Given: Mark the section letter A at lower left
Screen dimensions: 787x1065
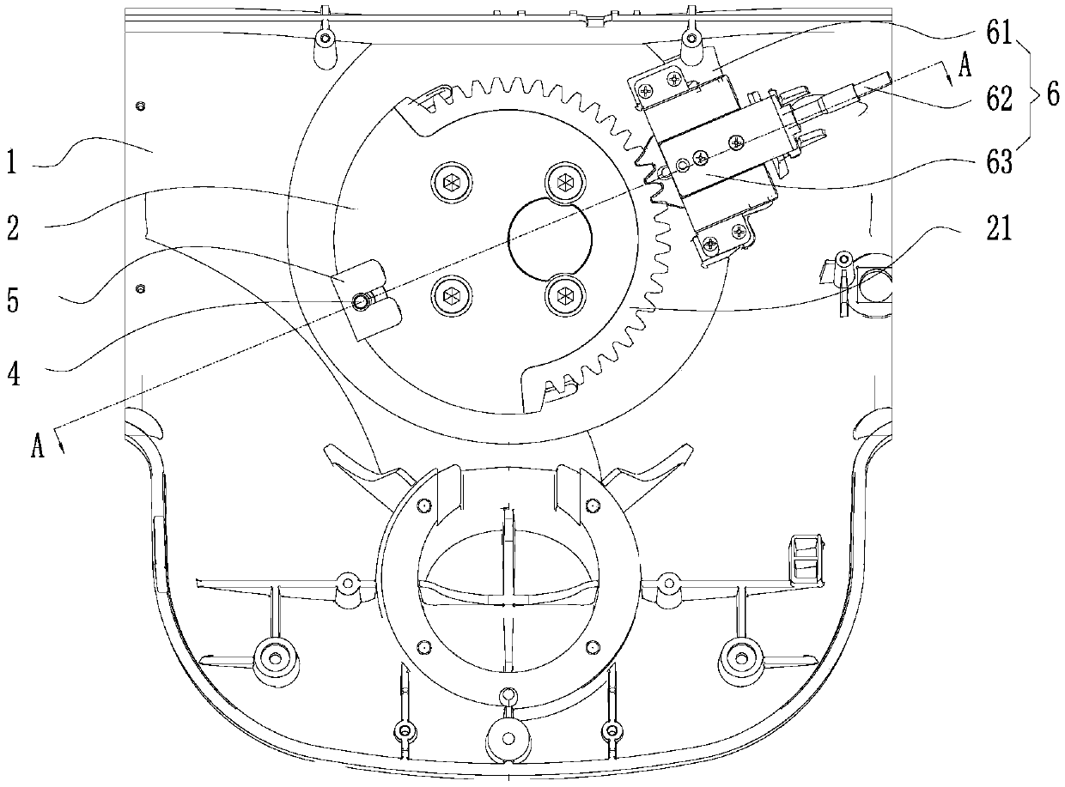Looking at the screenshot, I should click(x=37, y=446).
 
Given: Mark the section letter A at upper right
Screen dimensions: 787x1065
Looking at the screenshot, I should click(x=964, y=69).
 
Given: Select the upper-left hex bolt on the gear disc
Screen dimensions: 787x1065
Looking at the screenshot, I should click(x=449, y=180).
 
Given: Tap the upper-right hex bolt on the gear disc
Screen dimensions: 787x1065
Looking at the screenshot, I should click(x=563, y=180).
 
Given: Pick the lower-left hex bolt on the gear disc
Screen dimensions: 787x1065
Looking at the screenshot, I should click(x=449, y=295).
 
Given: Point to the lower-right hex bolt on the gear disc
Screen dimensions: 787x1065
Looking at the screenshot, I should click(x=563, y=295).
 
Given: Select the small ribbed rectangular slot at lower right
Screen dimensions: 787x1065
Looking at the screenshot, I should click(x=806, y=559).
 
